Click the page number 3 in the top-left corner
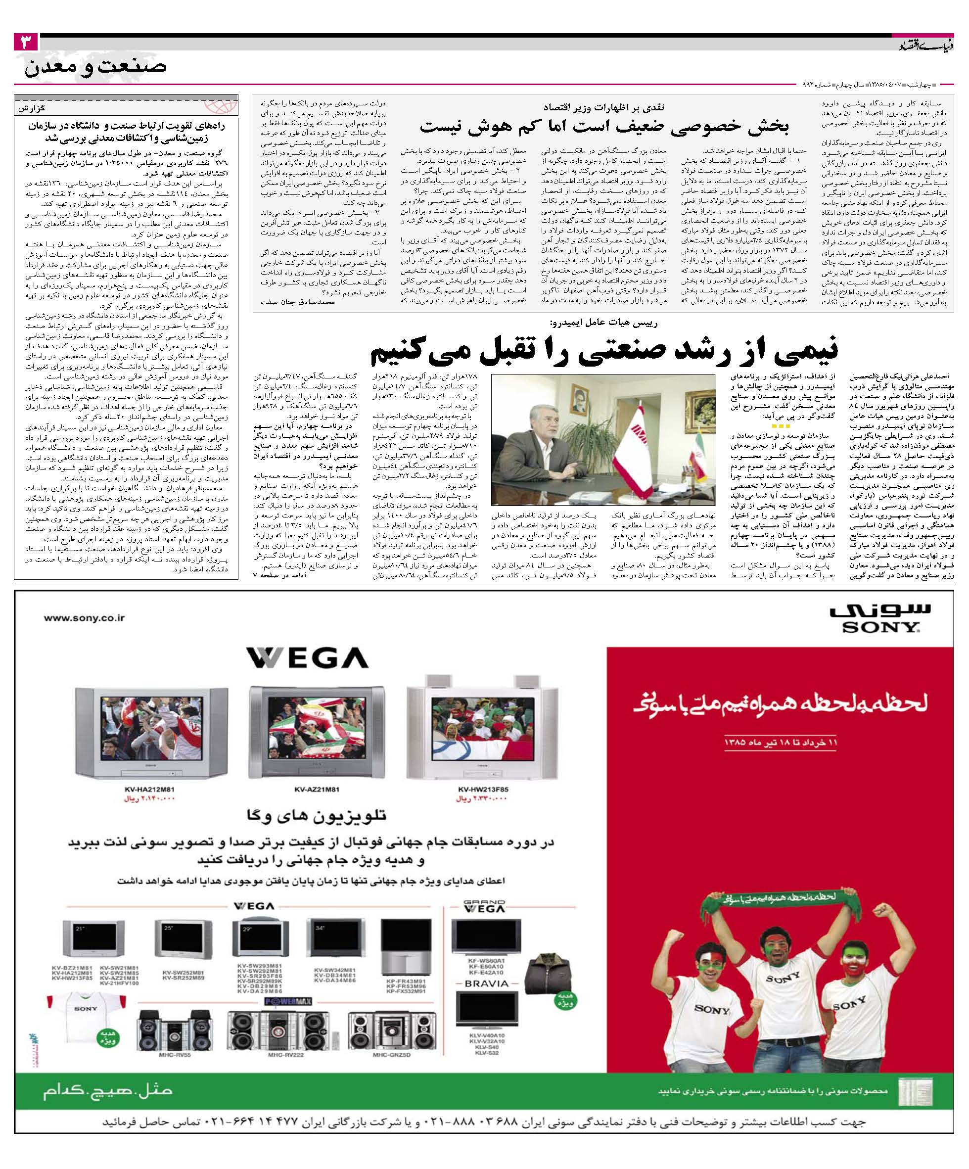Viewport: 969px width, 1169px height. [26, 43]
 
